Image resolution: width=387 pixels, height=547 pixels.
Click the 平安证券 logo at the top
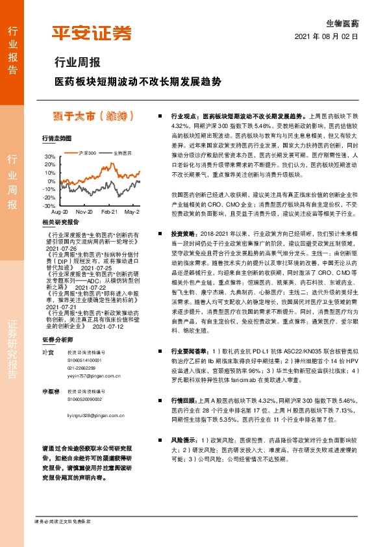tap(91, 33)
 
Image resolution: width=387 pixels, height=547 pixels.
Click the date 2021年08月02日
tap(331, 36)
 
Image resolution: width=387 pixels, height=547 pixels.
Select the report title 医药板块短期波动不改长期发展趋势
tap(138, 83)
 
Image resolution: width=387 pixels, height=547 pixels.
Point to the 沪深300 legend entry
tap(86, 153)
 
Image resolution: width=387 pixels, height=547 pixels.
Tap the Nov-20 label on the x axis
tap(84, 212)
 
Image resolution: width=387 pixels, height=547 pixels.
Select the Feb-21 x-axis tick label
tap(110, 212)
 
